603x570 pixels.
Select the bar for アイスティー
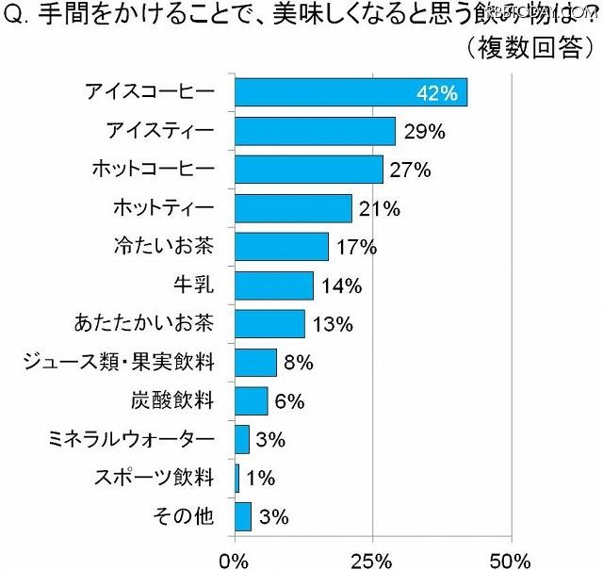pos(315,131)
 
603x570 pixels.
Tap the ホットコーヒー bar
pos(308,170)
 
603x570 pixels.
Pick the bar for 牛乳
pos(273,285)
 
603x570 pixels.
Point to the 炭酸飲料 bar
pos(251,400)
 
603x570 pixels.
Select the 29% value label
pos(424,132)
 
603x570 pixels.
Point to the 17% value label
pos(357,248)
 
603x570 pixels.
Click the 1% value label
pos(259,479)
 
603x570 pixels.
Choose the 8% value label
pos(297,363)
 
